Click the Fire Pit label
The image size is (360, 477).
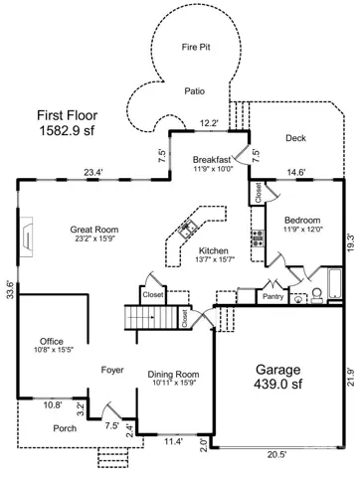click(196, 47)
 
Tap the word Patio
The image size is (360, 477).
click(195, 91)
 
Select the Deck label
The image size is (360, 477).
click(295, 138)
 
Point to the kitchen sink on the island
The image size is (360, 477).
click(188, 229)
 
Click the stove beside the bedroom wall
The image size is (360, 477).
click(258, 238)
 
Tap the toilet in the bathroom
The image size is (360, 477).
click(316, 295)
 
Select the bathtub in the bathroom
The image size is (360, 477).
click(335, 284)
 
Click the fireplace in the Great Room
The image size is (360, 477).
click(27, 237)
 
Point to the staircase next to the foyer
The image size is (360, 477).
click(151, 317)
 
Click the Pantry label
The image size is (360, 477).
click(272, 296)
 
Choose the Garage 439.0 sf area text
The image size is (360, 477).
click(278, 377)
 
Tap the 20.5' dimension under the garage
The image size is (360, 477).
click(276, 455)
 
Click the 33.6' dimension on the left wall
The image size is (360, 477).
click(11, 290)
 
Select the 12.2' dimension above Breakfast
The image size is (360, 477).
click(209, 123)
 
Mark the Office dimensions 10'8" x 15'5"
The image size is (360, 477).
click(54, 349)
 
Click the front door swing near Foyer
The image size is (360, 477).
click(110, 410)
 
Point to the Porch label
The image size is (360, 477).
click(65, 428)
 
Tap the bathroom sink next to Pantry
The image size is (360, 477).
click(298, 299)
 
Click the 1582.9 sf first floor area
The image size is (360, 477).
click(67, 130)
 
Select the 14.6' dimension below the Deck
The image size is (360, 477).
click(296, 172)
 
